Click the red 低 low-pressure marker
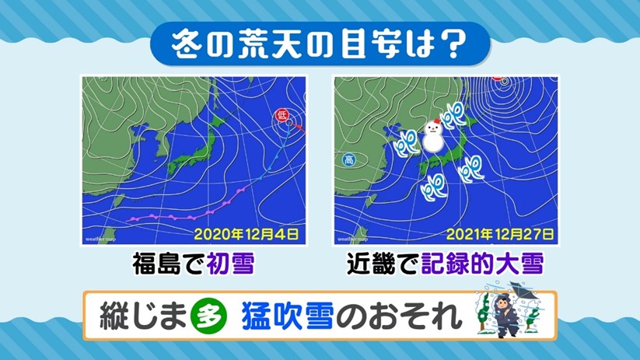pos(282,115)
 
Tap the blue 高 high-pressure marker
pos(349,159)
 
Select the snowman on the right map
pos(433,136)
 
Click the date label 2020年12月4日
pos(246,234)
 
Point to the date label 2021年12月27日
pos(500,234)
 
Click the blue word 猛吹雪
pos(288,316)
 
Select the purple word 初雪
pos(231,264)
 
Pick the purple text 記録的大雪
pos(482,264)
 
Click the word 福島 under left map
pos(156,264)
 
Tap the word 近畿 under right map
pos(371,264)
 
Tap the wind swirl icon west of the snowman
pos(407,142)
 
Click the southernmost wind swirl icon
pos(434,187)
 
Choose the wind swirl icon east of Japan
pos(471,168)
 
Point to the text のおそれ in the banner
pos(399,316)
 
